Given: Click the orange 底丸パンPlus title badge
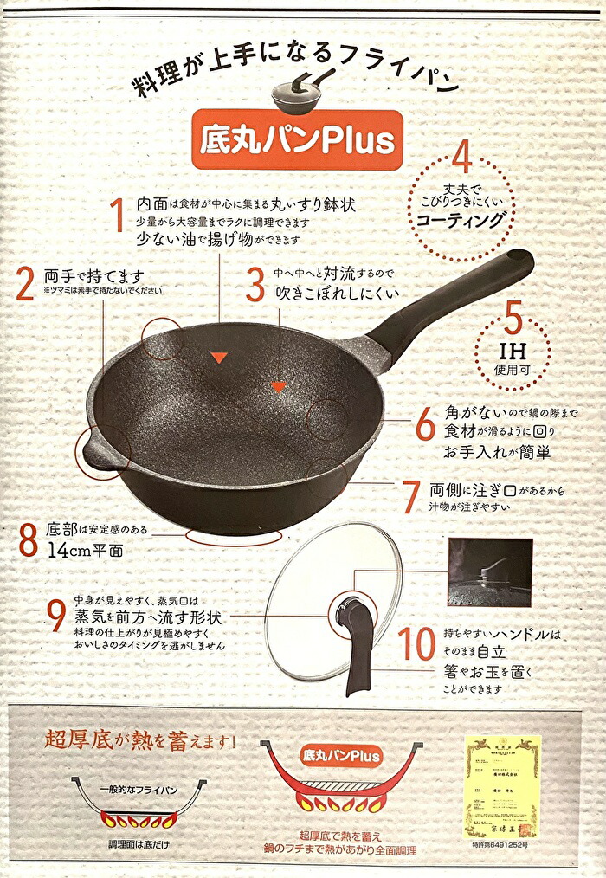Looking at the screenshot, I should click(x=297, y=139).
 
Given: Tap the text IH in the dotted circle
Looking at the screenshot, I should click(x=509, y=353).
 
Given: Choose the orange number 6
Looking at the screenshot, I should click(x=424, y=424).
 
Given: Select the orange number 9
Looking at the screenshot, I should click(x=56, y=617).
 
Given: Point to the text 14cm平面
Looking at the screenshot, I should click(x=86, y=550).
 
